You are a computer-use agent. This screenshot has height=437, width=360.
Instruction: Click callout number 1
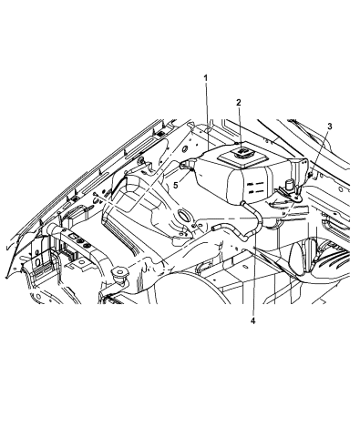pyautogui.click(x=206, y=78)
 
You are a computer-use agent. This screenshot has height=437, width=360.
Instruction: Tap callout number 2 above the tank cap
pyautogui.click(x=239, y=103)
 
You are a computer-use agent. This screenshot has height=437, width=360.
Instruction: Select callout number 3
pyautogui.click(x=330, y=127)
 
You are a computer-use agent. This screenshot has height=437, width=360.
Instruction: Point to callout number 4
pyautogui.click(x=253, y=320)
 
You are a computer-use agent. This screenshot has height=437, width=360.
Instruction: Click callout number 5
pyautogui.click(x=176, y=185)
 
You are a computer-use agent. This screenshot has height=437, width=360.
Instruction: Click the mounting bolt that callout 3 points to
pyautogui.click(x=310, y=174)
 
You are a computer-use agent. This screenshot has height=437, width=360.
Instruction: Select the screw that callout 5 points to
pyautogui.click(x=191, y=170)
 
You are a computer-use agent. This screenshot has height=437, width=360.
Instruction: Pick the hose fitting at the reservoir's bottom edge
pyautogui.click(x=242, y=203)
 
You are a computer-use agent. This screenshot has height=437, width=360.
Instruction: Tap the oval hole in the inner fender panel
pyautogui.click(x=183, y=214)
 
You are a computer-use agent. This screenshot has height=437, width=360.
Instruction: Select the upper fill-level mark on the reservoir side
pyautogui.click(x=255, y=184)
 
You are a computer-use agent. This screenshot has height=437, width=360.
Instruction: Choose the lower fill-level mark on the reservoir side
pyautogui.click(x=255, y=191)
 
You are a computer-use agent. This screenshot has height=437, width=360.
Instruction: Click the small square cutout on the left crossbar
pyautogui.click(x=74, y=236)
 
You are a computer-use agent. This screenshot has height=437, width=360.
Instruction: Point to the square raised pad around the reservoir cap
pyautogui.click(x=242, y=157)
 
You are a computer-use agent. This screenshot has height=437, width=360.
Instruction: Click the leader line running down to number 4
pyautogui.click(x=254, y=262)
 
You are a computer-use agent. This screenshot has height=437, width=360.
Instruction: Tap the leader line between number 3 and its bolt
pyautogui.click(x=320, y=152)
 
